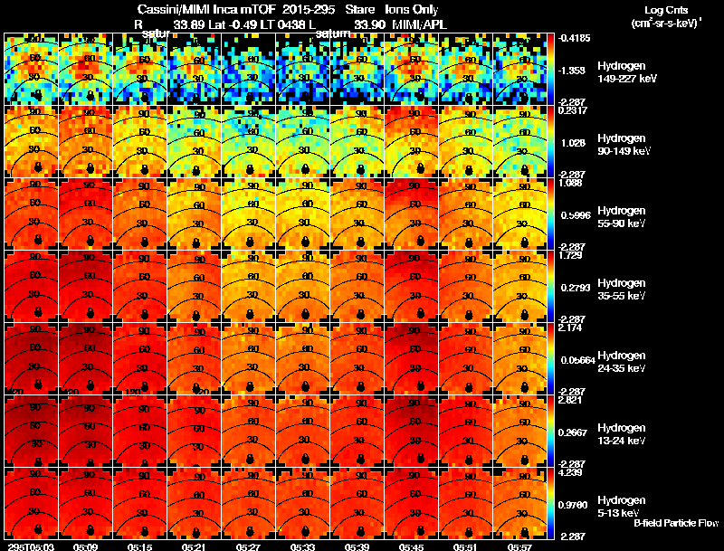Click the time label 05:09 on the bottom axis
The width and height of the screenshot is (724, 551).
pos(85,546)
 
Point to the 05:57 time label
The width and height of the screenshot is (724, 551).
pos(520,546)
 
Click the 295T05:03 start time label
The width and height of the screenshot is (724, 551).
pos(30,546)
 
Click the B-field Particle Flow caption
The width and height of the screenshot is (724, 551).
pos(676,523)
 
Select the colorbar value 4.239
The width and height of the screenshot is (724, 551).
pos(572,471)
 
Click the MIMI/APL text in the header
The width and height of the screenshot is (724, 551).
pos(420,24)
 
